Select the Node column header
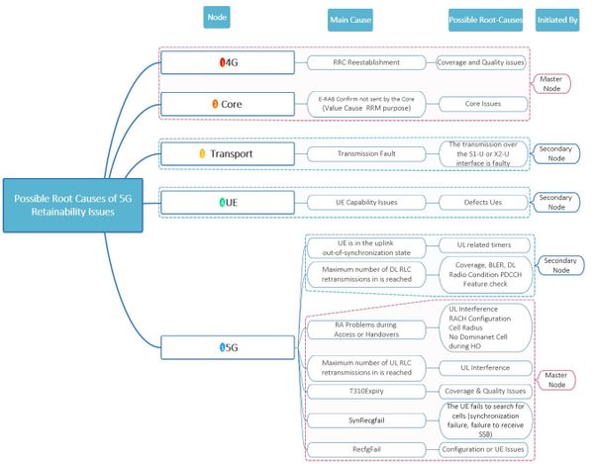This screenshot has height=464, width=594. click(x=217, y=17)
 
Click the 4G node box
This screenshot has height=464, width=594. click(x=228, y=62)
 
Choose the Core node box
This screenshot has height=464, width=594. click(x=228, y=103)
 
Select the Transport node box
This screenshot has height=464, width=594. click(x=228, y=153)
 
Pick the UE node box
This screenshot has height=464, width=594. click(x=228, y=201)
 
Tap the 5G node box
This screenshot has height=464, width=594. click(x=228, y=347)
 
